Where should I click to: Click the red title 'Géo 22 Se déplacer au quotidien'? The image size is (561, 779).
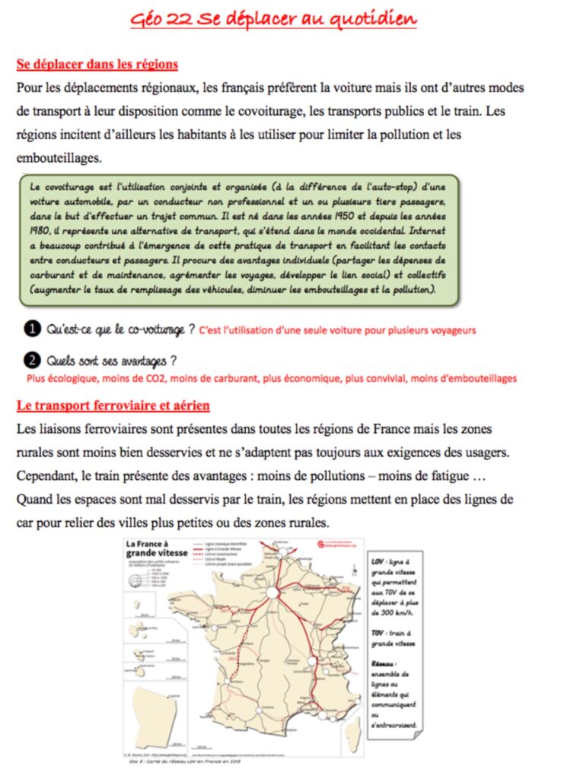273,19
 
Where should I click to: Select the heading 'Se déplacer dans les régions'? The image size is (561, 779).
97,64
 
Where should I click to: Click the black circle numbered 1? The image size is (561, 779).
31,329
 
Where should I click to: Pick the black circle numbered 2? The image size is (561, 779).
31,360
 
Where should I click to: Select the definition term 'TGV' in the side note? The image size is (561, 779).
378,632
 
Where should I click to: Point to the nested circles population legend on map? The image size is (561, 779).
139,580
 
